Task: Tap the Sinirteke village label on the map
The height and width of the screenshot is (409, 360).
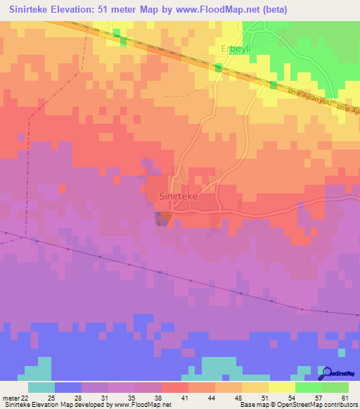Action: pyautogui.click(x=179, y=197)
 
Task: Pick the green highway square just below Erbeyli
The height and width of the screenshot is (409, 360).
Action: pyautogui.click(x=219, y=67)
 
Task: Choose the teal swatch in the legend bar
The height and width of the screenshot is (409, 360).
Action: pyautogui.click(x=41, y=387)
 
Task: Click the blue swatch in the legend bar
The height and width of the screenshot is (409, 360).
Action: pyautogui.click(x=68, y=387)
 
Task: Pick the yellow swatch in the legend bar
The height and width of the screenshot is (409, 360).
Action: pyautogui.click(x=282, y=387)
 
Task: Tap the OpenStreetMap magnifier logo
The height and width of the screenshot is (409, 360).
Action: pyautogui.click(x=326, y=373)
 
